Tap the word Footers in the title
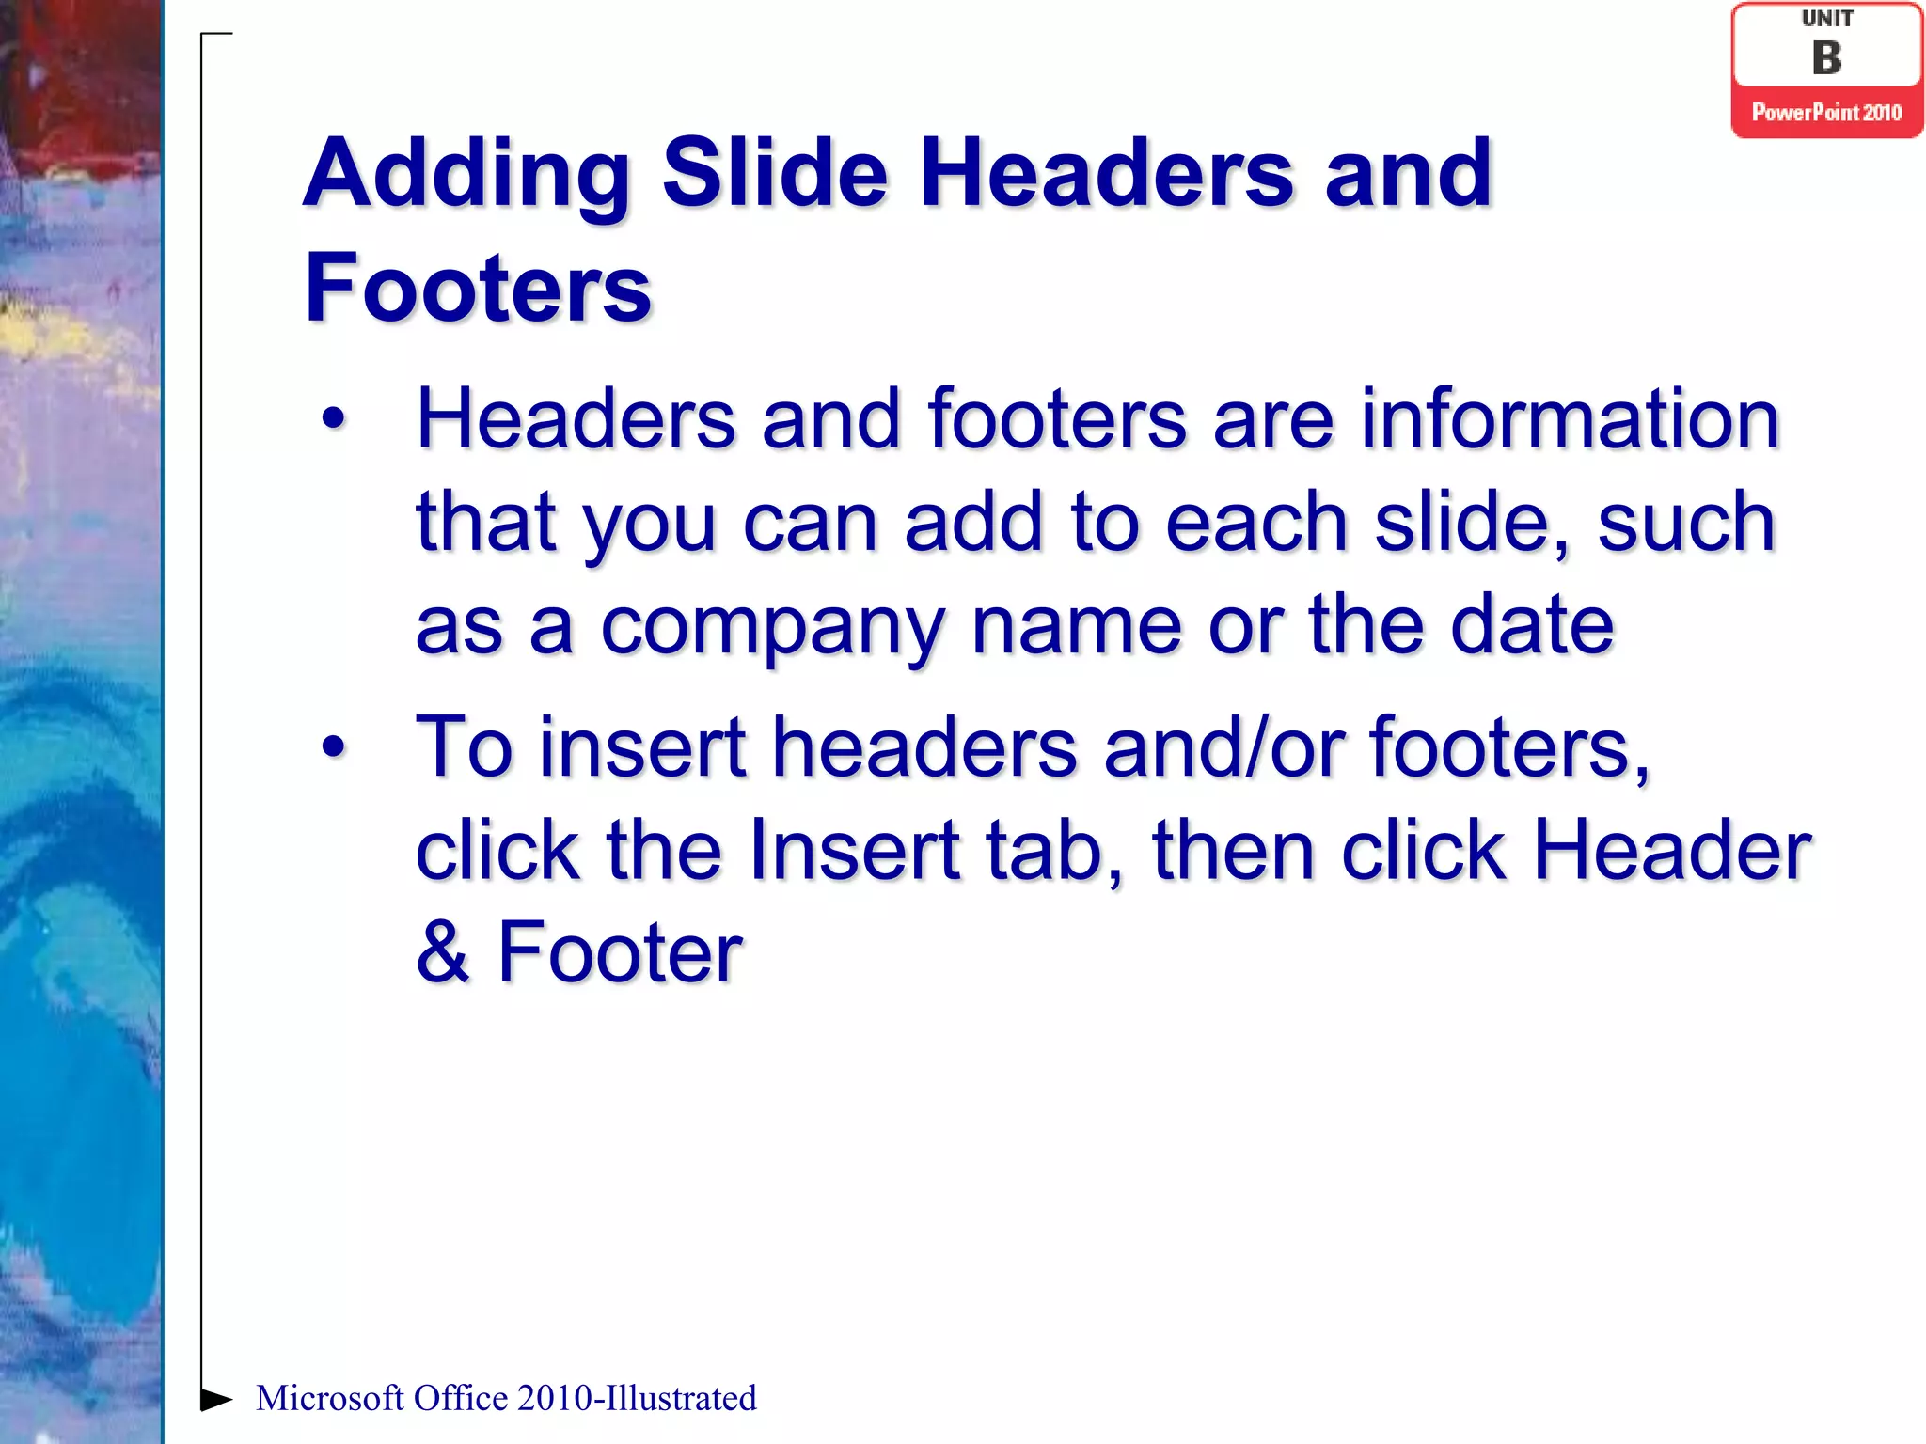(x=478, y=288)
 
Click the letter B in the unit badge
(x=1826, y=58)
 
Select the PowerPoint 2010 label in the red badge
(x=1826, y=113)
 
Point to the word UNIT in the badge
(x=1826, y=19)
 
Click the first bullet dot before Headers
(x=334, y=419)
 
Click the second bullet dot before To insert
(x=334, y=747)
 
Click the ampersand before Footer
(x=443, y=952)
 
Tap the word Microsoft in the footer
(x=329, y=1398)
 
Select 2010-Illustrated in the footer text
(x=636, y=1398)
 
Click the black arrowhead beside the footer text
(x=216, y=1399)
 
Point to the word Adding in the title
(x=466, y=175)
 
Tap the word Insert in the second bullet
(x=854, y=850)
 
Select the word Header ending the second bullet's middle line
(x=1671, y=850)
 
